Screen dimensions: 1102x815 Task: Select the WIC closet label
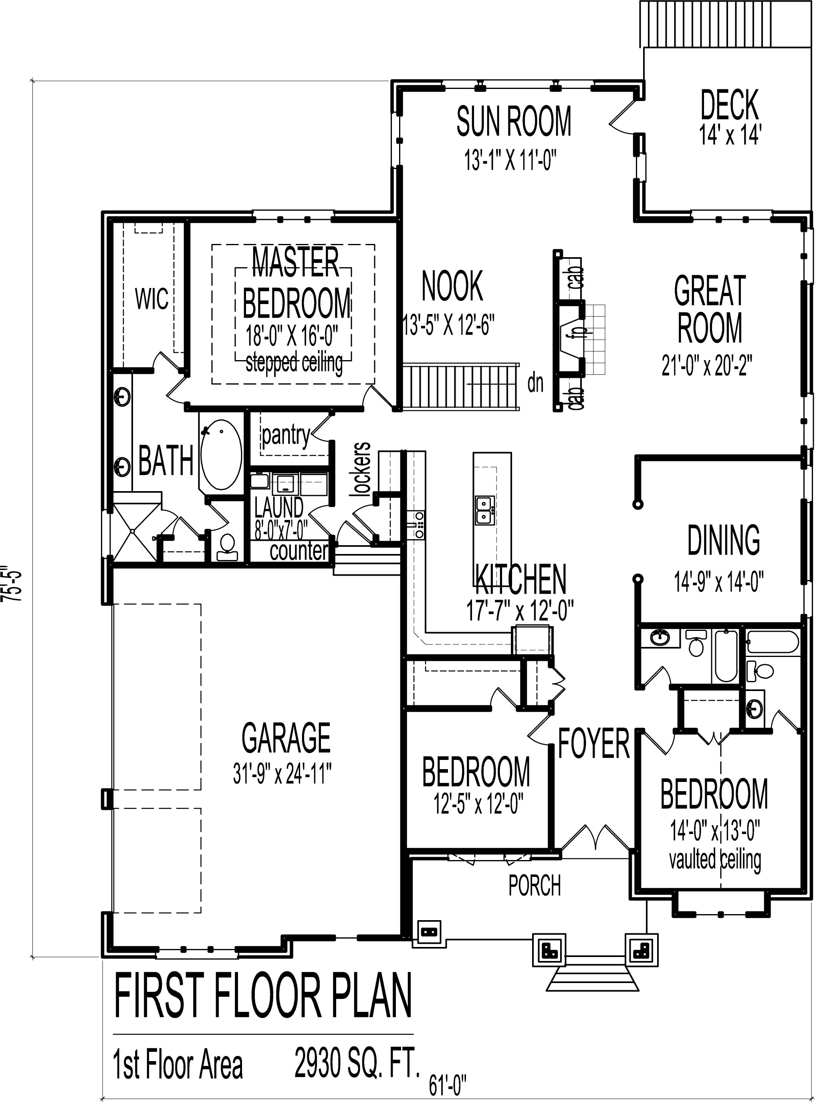(152, 299)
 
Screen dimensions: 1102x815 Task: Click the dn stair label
(535, 383)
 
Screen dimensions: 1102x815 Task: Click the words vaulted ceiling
(715, 860)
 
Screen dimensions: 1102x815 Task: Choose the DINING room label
(723, 540)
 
